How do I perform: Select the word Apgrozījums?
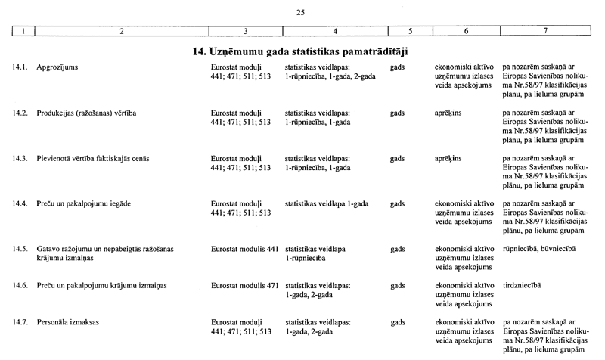pos(57,68)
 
